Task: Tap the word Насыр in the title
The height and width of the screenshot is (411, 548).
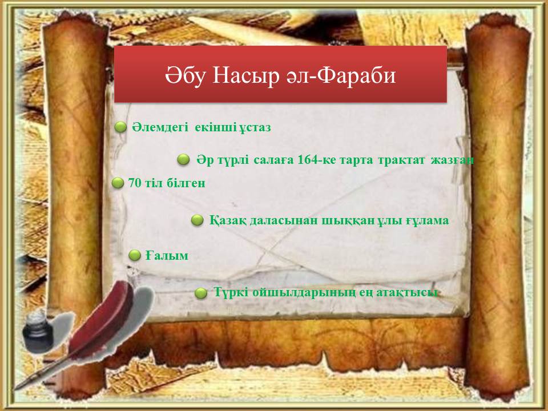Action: [246, 76]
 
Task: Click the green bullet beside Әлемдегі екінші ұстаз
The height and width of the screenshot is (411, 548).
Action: [120, 127]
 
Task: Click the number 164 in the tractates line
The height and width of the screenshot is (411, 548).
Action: [307, 160]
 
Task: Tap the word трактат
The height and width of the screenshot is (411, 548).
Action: [401, 160]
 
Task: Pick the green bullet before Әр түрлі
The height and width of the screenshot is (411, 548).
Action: [183, 160]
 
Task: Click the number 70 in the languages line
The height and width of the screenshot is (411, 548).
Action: [134, 183]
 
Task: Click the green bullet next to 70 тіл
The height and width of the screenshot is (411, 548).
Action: [118, 183]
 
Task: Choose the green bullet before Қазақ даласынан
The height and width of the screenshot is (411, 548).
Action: [197, 220]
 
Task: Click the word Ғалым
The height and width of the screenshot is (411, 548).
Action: [167, 256]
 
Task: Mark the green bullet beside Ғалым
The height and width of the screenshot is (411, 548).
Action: [135, 255]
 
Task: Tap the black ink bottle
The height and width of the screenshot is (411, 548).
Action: [35, 331]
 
